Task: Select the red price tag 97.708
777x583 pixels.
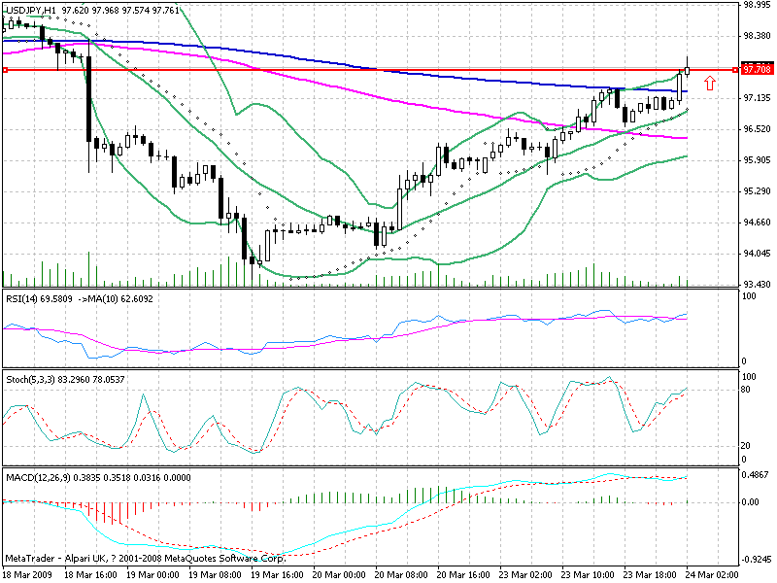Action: (757, 70)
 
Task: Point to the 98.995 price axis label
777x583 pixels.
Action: (756, 5)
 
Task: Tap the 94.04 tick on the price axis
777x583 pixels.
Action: (756, 253)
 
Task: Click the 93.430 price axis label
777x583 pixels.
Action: (756, 284)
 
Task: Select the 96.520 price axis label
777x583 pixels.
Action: (756, 128)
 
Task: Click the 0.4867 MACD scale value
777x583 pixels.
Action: (756, 476)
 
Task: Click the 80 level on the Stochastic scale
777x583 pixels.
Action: (748, 390)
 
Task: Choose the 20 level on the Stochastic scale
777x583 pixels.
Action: (748, 445)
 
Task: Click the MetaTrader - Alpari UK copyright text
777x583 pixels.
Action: (146, 560)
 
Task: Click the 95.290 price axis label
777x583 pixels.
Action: (756, 190)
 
